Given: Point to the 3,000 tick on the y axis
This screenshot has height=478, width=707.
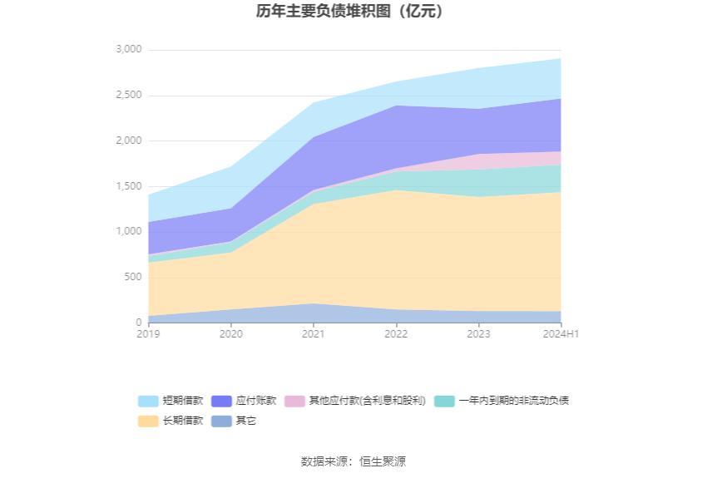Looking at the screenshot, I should coord(129,50).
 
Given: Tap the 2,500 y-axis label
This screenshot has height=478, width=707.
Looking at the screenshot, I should coord(129,96).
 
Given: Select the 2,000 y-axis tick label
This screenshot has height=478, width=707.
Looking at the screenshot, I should coord(129,141).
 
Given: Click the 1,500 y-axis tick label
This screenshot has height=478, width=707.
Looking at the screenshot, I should coord(129,186).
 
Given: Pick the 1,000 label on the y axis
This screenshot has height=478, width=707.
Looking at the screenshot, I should coord(129,231).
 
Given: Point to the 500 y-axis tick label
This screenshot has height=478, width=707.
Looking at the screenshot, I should coord(133,277).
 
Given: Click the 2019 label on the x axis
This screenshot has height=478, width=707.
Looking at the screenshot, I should coord(148,334).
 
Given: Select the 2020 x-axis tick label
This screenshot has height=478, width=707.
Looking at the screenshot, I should coord(230,334).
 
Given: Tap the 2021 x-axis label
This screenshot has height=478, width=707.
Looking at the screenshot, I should coord(313,334).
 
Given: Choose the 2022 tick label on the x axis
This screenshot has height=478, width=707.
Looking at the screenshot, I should coord(396,334).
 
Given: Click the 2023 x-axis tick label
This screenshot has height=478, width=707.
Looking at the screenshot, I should coord(478,334).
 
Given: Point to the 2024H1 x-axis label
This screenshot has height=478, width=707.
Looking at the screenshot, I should coord(561,334).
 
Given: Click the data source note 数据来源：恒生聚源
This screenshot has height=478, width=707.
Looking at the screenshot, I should coord(353,461).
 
